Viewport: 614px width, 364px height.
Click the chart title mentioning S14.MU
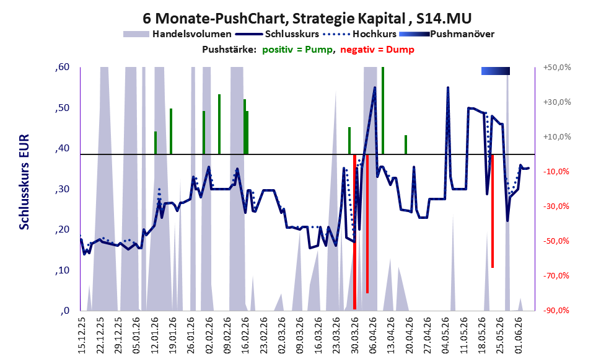(x=307, y=18)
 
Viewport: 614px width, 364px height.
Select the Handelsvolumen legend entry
(x=177, y=34)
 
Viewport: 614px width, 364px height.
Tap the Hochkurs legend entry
(x=360, y=34)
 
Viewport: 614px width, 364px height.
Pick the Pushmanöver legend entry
(x=447, y=34)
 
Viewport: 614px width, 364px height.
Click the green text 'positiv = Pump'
(x=297, y=50)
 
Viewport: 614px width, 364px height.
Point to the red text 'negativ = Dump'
(x=377, y=50)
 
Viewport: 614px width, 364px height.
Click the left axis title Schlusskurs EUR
(x=24, y=182)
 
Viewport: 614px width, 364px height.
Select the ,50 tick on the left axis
(x=62, y=107)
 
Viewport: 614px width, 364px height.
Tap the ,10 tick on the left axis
(x=62, y=270)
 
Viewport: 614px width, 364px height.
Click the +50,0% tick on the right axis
(x=557, y=68)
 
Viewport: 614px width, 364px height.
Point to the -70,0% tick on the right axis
(x=556, y=276)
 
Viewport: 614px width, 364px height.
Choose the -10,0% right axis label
(x=556, y=172)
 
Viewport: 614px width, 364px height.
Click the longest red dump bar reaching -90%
(x=354, y=232)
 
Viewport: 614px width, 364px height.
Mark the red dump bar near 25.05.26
(x=492, y=211)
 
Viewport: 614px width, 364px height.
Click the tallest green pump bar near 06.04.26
(x=382, y=110)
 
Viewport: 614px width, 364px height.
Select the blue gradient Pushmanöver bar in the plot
(x=495, y=71)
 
